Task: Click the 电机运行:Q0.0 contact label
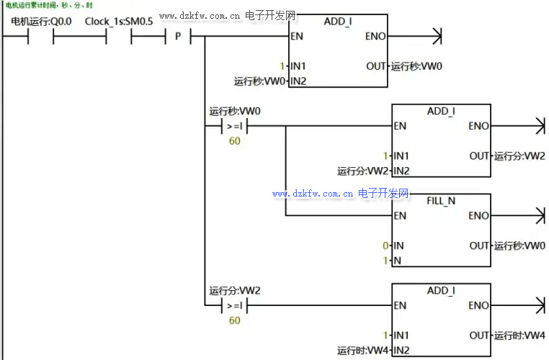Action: coord(41,22)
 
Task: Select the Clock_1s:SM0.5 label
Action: coord(119,22)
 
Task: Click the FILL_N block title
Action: coord(441,201)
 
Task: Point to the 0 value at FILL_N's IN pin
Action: coord(386,246)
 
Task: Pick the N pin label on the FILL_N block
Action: coord(397,261)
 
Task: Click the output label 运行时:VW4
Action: coord(519,336)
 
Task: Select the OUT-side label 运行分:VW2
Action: coord(519,156)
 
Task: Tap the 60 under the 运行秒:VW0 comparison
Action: coord(235,141)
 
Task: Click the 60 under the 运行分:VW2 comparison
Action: coord(235,320)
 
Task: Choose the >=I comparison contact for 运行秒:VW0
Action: coord(235,127)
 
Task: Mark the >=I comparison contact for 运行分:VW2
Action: coord(235,306)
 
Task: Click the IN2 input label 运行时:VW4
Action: coord(362,351)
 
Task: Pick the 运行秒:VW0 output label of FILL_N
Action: coord(519,246)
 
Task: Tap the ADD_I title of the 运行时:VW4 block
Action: coord(441,291)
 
